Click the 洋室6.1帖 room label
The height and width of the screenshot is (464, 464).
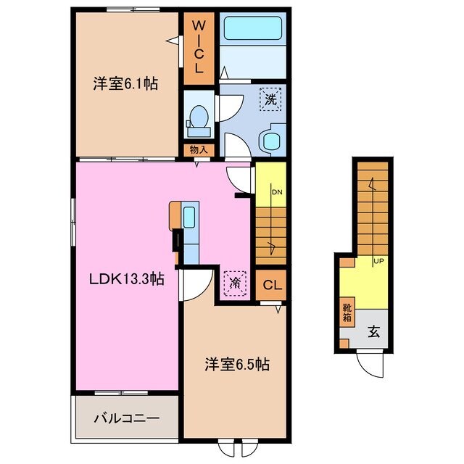point(125,84)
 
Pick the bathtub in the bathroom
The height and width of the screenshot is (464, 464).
point(254,28)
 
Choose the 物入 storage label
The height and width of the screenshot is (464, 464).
point(198,150)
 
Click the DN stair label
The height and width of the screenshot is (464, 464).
point(276,192)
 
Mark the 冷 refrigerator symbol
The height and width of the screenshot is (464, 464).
point(235,281)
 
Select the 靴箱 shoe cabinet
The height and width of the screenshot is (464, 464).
point(347,312)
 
